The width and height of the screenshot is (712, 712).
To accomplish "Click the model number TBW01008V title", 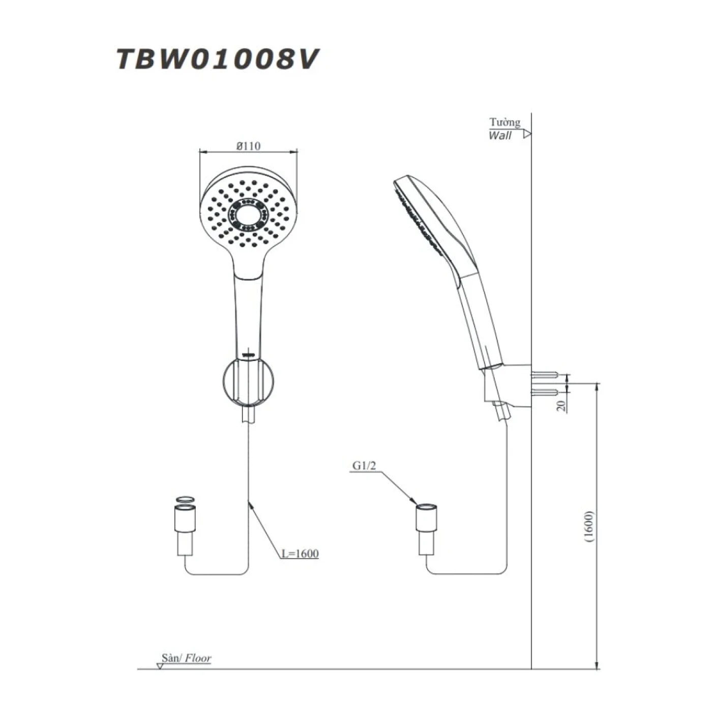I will pyautogui.click(x=217, y=59).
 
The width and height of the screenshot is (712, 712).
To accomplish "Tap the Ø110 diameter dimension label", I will pyautogui.click(x=248, y=146).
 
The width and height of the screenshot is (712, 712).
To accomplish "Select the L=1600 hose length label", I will pyautogui.click(x=301, y=553).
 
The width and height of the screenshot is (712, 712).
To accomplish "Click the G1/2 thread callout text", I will pyautogui.click(x=364, y=465).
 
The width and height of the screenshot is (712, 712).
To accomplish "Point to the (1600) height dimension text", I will pyautogui.click(x=589, y=527).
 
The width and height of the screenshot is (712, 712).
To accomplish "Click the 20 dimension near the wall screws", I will pyautogui.click(x=561, y=405).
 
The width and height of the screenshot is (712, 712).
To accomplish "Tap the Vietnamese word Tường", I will pyautogui.click(x=505, y=122).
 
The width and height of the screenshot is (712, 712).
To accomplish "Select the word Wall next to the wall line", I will pyautogui.click(x=500, y=135).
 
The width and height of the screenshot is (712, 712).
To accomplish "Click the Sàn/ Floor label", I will pyautogui.click(x=186, y=658).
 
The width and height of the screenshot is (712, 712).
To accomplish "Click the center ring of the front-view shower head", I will pyautogui.click(x=248, y=216).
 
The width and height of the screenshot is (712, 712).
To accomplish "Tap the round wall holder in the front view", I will pyautogui.click(x=248, y=381).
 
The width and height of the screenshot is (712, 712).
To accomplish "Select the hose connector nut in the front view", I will pyautogui.click(x=185, y=519).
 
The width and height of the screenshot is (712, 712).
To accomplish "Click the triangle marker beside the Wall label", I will pyautogui.click(x=527, y=134).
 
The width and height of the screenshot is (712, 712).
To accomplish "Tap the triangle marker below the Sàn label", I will pyautogui.click(x=160, y=665).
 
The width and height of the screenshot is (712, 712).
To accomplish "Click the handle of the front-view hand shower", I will pyautogui.click(x=248, y=310).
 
